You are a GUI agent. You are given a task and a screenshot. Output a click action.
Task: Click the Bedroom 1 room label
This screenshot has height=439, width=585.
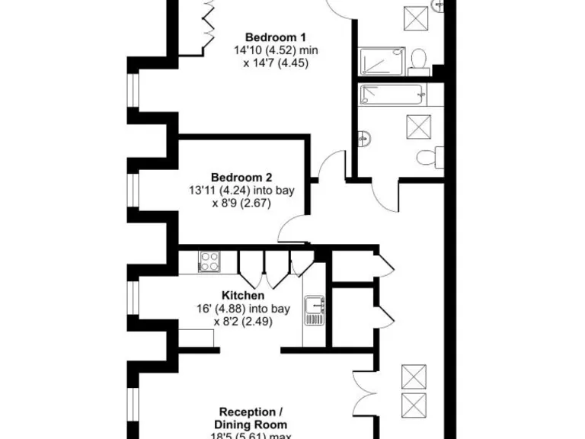275,37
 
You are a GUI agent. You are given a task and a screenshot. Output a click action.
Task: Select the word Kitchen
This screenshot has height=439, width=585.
243,296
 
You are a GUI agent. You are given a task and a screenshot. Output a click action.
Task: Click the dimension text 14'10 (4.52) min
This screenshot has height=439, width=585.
275,50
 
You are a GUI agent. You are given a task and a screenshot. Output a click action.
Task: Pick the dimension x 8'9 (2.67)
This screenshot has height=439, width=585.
241,203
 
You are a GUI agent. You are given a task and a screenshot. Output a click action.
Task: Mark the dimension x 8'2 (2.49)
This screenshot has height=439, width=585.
243,322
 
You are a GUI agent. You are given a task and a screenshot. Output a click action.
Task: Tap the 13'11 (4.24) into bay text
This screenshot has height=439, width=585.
241,190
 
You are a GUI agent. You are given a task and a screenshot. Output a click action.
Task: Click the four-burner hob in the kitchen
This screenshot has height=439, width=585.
209,261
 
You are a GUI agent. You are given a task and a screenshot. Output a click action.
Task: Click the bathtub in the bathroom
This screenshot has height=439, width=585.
392,95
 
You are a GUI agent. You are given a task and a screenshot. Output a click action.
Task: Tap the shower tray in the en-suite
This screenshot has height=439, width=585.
385,61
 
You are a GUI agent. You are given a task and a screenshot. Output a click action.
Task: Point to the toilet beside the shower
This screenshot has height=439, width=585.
418,61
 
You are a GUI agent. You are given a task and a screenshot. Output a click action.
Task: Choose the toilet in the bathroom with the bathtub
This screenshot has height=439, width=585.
427,158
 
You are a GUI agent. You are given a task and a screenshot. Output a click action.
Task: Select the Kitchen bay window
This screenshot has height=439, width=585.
134,298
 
